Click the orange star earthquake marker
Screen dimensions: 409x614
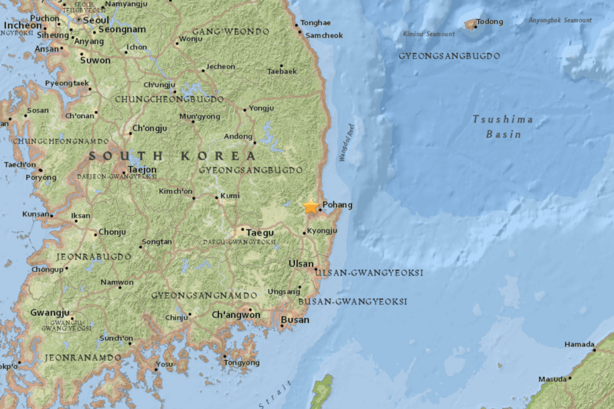coord(310,207)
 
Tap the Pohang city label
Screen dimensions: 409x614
coord(337,205)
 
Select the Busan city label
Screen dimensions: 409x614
coord(295,320)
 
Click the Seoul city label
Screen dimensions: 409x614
coord(96,20)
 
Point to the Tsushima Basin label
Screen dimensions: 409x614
coord(503,127)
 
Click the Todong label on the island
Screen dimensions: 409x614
coord(489,22)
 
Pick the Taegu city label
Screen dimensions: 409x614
coord(260,233)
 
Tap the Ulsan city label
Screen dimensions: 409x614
coord(301,264)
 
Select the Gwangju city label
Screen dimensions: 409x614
coord(49,312)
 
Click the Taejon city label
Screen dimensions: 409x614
coord(142,169)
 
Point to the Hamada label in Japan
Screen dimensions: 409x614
coord(579,344)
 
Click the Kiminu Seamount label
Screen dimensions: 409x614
coord(429,34)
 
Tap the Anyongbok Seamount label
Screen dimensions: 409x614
coord(560,20)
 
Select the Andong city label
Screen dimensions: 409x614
coord(238,136)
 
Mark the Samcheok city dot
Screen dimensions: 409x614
coord(301,32)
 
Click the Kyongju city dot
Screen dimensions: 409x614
coord(304,232)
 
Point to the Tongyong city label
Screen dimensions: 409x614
coord(241,362)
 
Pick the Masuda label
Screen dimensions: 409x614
coord(552,379)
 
